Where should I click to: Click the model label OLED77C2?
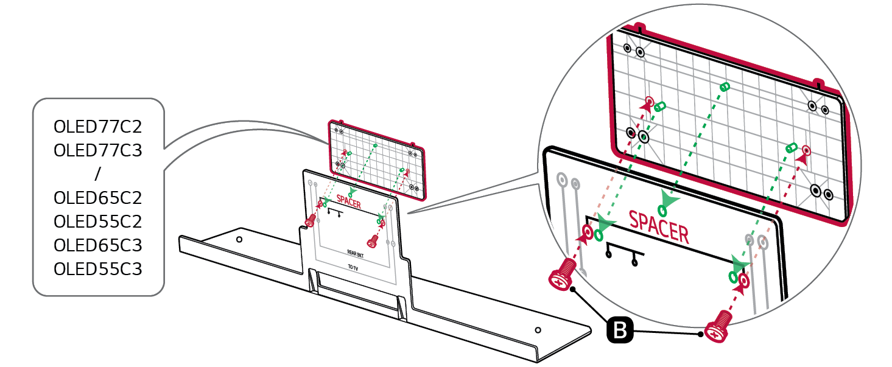coord(97,127)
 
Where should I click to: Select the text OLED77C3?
coord(97,150)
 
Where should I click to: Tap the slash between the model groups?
coord(97,174)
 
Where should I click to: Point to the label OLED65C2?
coord(97,198)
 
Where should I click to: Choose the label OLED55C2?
coord(97,222)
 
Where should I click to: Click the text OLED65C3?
coord(97,245)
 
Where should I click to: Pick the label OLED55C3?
coord(97,268)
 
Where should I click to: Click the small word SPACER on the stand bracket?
coord(348,204)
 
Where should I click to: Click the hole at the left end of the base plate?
coord(239,239)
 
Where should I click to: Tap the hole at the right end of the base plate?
coord(538,330)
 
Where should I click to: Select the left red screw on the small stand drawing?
coord(311,220)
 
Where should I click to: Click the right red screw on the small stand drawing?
coord(373,240)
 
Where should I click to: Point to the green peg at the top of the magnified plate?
coord(725,86)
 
